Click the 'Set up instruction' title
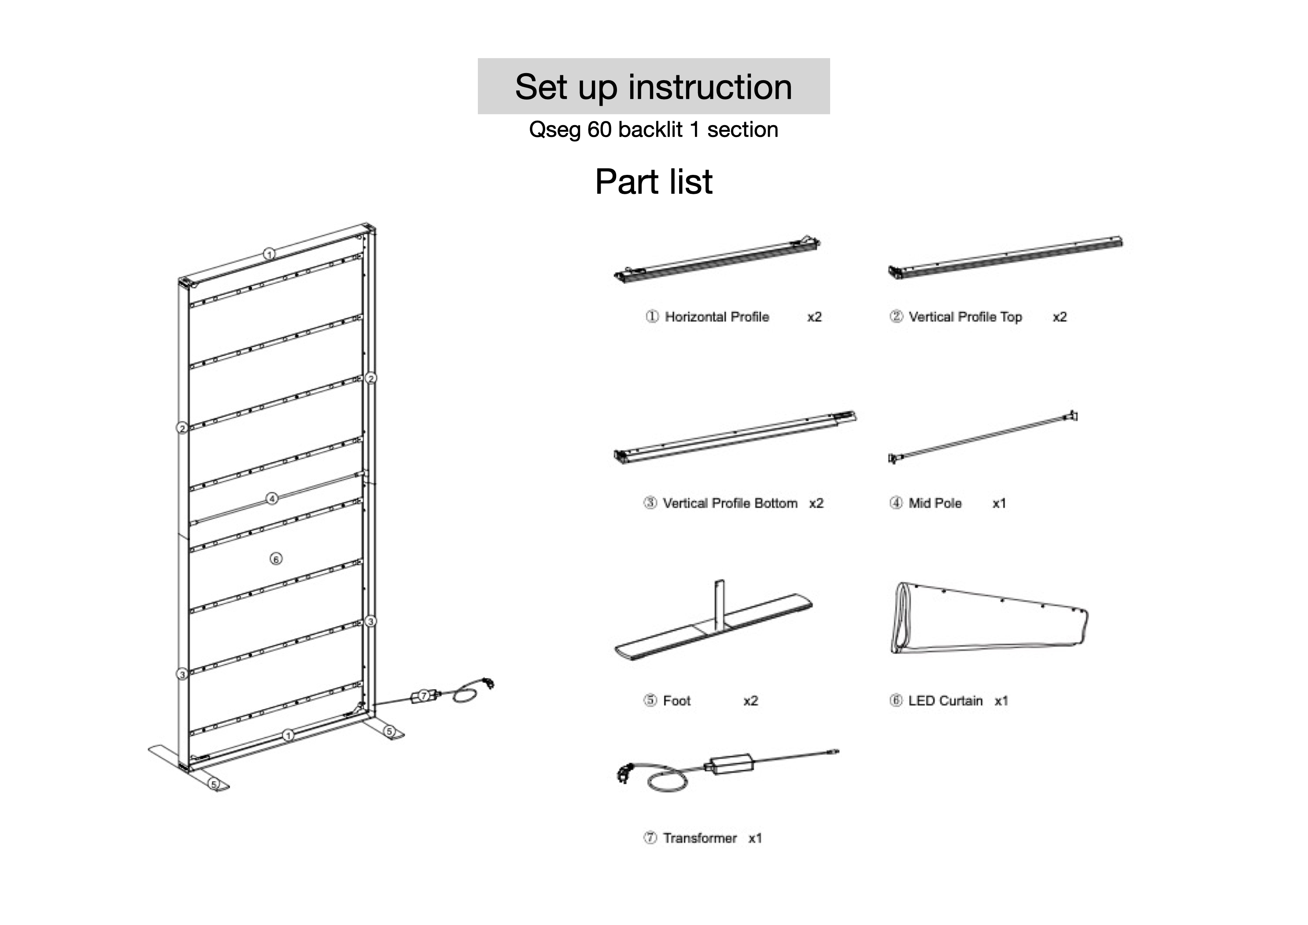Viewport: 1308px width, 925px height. pos(654,87)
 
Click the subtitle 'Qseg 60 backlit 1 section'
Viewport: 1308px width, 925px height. pos(654,130)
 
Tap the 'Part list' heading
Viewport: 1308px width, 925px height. pos(654,182)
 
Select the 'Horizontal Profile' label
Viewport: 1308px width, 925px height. pos(717,317)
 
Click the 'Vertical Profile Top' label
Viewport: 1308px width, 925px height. pos(965,317)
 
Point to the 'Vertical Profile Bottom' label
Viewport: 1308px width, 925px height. pos(730,503)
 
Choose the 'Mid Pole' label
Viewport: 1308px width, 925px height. pos(935,503)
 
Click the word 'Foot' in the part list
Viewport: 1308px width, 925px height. pos(676,700)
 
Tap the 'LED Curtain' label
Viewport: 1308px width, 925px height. pos(945,700)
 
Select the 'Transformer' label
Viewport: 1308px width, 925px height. pos(699,838)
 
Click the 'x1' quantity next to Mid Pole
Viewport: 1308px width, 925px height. pos(999,503)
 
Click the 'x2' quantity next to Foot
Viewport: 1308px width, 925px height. pos(751,700)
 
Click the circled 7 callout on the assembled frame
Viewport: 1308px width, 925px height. pos(424,696)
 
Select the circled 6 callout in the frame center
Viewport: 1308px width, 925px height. pos(276,559)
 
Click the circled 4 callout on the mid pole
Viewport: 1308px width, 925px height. pos(272,499)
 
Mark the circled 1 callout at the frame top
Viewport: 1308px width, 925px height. pos(270,254)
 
